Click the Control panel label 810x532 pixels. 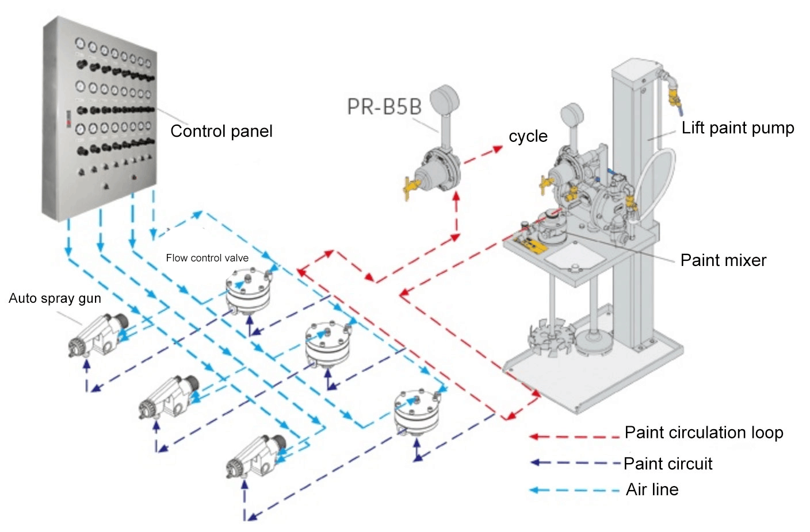point(221,132)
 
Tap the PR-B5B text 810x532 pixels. point(384,107)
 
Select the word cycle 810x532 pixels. point(528,137)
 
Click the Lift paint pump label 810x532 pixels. point(738,128)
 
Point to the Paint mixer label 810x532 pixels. point(723,260)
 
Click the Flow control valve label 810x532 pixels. point(207,258)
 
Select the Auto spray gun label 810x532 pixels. point(55,298)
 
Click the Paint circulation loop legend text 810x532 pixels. point(704,433)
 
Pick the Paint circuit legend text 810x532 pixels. point(668,464)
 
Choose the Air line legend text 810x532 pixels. point(652,489)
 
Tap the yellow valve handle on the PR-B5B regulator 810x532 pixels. point(410,187)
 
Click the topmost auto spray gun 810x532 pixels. point(99,337)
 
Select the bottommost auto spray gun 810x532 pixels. point(257,457)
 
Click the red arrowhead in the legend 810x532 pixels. point(533,437)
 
